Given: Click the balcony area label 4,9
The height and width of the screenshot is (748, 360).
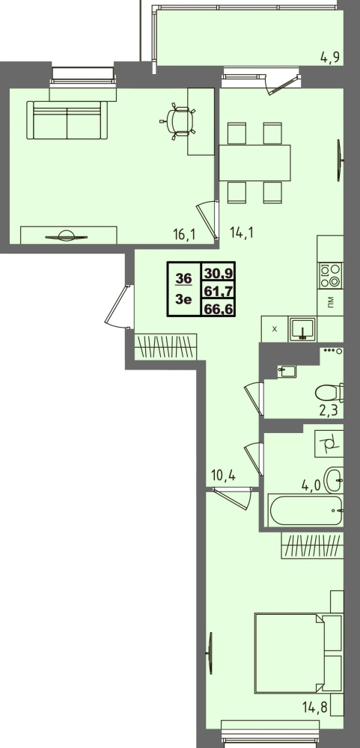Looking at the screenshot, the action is tap(330, 58).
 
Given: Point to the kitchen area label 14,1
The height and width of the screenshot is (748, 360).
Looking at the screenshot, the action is tap(241, 233).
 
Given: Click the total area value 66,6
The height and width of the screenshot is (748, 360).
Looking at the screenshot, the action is tap(219, 309).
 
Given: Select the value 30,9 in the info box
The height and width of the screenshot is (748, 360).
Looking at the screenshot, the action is tap(219, 273).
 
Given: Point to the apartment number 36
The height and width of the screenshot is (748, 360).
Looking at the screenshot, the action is tap(183, 278).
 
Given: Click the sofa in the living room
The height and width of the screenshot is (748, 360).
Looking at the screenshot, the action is tap(67, 120).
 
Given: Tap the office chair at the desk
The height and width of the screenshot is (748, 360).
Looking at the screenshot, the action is tap(179, 121).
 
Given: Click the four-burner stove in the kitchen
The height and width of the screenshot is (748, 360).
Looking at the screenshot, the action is tap(331, 276).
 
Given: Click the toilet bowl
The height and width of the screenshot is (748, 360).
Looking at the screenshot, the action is tap(330, 393).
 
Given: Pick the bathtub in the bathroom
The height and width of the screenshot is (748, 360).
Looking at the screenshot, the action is tap(306, 511).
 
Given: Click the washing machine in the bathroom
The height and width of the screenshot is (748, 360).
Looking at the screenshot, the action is tap(329, 443).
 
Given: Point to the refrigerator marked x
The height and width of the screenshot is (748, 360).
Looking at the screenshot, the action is tap(275, 329).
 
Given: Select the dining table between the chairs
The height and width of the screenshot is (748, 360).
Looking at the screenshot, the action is tap(254, 162).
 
